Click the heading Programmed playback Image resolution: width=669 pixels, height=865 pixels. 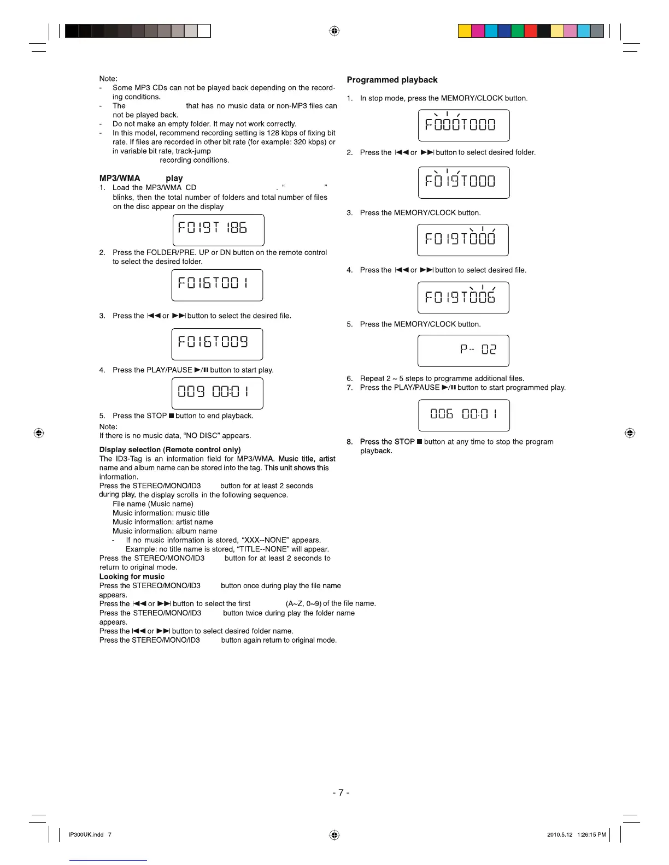392,80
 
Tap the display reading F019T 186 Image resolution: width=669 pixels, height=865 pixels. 218,230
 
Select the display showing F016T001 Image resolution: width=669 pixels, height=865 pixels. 217,285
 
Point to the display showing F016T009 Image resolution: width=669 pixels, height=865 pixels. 217,344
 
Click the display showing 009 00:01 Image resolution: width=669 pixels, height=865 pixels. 217,393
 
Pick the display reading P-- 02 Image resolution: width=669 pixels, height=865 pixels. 463,351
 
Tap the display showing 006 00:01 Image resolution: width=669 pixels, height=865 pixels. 463,415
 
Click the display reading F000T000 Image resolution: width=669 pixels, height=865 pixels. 463,125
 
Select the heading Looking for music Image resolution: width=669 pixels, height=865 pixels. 132,577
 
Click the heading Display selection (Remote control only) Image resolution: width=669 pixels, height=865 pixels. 170,449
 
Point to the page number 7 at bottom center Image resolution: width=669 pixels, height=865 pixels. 341,792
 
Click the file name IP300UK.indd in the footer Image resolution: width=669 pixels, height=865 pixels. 86,834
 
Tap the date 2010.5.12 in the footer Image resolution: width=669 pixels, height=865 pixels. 560,834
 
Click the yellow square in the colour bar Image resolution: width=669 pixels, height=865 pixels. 465,31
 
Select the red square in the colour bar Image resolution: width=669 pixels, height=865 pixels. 530,31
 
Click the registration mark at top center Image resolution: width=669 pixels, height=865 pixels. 334,31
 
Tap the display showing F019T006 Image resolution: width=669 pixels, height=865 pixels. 463,298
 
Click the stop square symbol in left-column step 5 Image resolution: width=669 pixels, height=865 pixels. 171,416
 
